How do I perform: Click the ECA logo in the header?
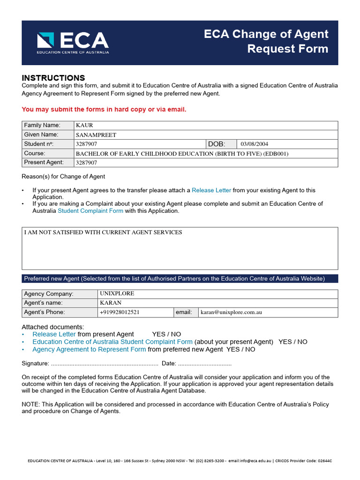tap(73, 43)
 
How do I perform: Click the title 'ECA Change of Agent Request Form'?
tap(266, 41)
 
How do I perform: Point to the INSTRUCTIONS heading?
tap(53, 78)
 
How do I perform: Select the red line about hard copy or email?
tap(104, 109)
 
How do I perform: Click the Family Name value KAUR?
tap(84, 126)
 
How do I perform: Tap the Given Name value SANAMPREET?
tap(96, 135)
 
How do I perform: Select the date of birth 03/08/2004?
tap(255, 144)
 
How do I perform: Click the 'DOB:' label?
tap(217, 144)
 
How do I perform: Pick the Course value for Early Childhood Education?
tap(182, 154)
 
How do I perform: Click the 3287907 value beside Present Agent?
tap(86, 163)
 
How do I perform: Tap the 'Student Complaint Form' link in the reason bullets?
tap(90, 211)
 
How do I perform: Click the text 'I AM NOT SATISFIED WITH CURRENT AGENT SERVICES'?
tap(103, 232)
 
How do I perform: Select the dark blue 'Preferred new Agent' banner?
tap(180, 278)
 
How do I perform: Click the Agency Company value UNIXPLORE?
tap(117, 294)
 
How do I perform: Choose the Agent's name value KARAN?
tap(111, 303)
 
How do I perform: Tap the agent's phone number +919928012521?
tap(120, 312)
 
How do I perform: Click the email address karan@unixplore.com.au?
tap(231, 312)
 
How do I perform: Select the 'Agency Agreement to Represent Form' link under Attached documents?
tap(89, 349)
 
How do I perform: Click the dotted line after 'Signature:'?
tap(104, 364)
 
